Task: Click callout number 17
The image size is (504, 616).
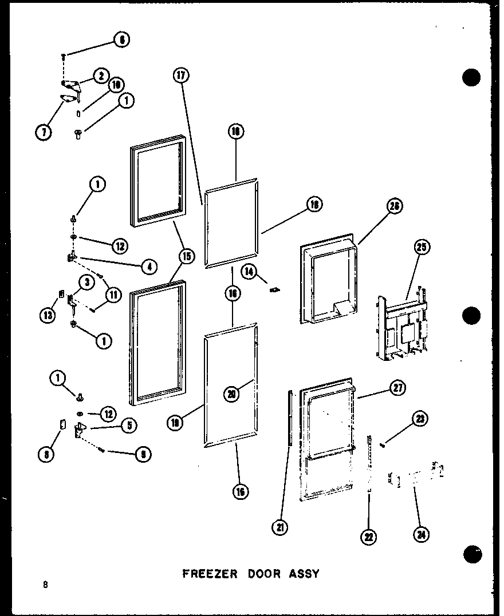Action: (182, 75)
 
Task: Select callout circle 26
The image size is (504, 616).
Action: (395, 206)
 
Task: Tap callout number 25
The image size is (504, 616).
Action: (423, 248)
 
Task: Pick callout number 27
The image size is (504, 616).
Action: (397, 388)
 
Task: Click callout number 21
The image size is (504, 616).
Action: (279, 527)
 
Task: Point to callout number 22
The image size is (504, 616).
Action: (369, 536)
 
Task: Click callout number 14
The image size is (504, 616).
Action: (250, 271)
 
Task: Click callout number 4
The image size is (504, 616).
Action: (149, 265)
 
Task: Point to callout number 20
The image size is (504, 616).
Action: (232, 394)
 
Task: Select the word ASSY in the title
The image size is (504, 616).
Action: (304, 573)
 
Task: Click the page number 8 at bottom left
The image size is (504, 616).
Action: (44, 585)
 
